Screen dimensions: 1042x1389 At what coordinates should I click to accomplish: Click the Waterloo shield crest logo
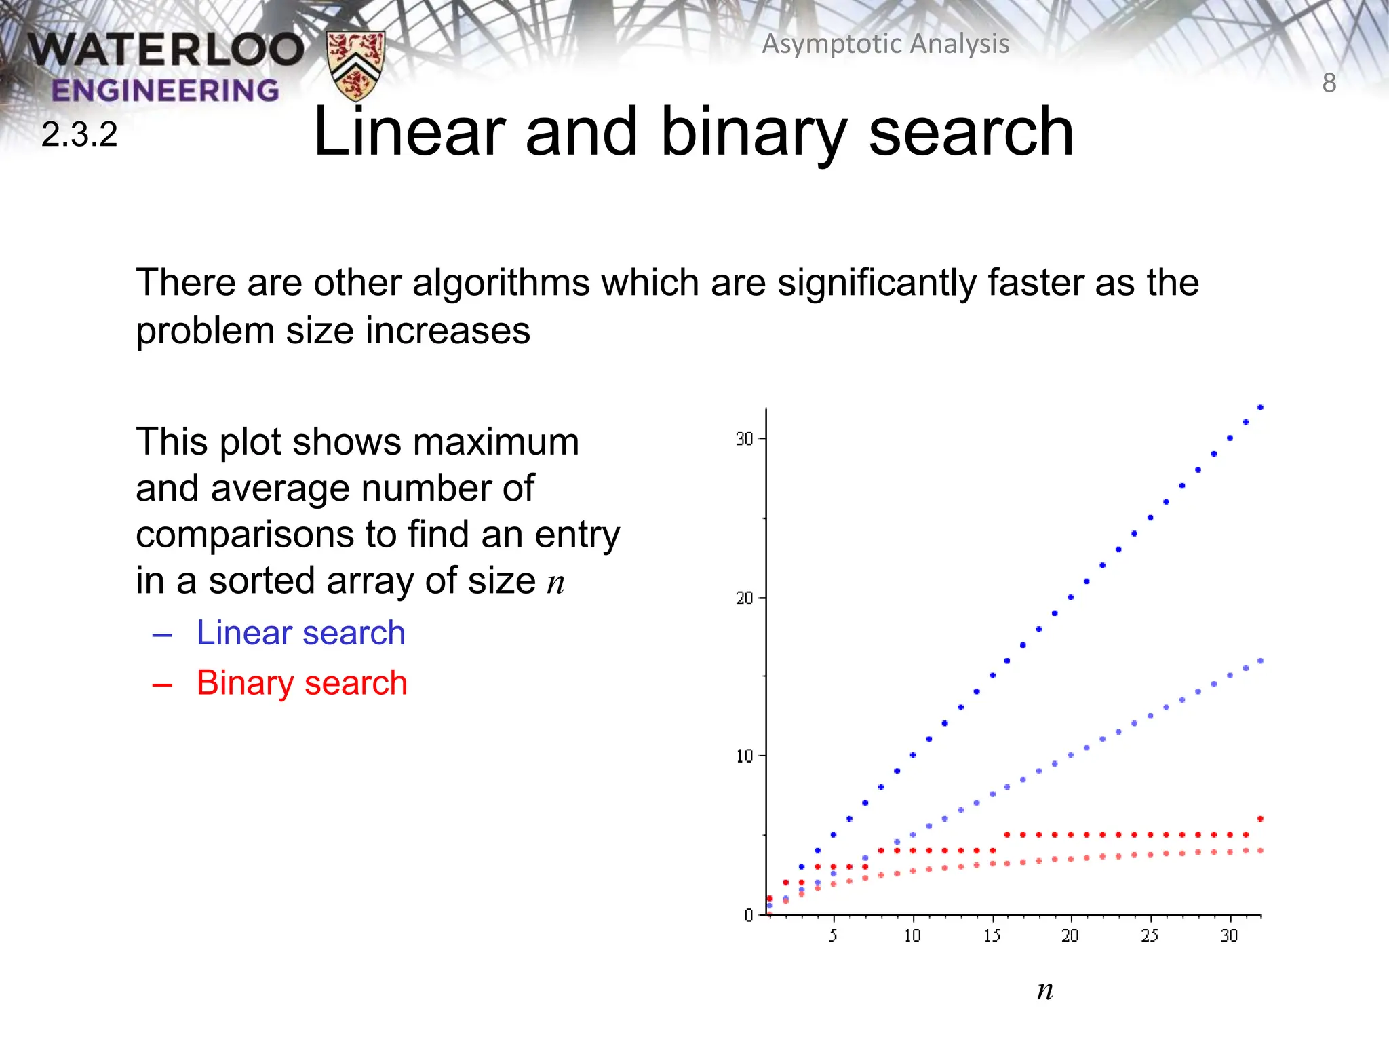[x=355, y=65]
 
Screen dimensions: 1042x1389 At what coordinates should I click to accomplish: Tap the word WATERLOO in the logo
[x=166, y=50]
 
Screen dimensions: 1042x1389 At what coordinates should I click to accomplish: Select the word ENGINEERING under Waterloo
[x=165, y=91]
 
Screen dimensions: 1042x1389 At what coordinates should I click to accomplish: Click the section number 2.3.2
[x=79, y=134]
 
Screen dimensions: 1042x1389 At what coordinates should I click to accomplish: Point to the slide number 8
[x=1329, y=83]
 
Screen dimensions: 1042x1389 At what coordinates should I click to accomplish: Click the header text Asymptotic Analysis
[x=886, y=44]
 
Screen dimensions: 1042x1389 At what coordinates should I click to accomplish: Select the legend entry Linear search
[x=300, y=633]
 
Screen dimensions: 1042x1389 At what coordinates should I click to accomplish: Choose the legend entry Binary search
[x=302, y=682]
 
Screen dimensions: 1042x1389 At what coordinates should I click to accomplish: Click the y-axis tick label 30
[x=744, y=440]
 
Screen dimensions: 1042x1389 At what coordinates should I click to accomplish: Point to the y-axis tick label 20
[x=744, y=598]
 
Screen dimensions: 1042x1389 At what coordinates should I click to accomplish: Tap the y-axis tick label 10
[x=744, y=756]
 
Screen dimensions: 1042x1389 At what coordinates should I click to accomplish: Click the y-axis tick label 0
[x=748, y=916]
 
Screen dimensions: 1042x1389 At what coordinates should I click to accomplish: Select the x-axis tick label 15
[x=992, y=936]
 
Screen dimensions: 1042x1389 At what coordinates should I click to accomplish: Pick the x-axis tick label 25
[x=1150, y=936]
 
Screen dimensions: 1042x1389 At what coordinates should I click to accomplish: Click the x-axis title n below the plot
[x=1044, y=990]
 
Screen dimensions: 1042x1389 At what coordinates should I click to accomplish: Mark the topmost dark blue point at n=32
[x=1260, y=408]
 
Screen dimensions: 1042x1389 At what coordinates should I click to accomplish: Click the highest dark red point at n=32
[x=1260, y=819]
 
